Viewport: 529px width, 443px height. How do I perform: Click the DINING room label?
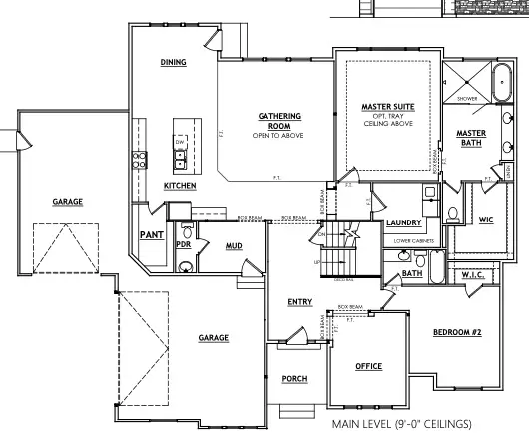(174, 62)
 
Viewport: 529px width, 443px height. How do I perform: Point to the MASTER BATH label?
(470, 139)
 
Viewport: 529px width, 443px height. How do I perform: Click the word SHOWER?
(467, 99)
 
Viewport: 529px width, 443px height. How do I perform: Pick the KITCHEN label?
(180, 186)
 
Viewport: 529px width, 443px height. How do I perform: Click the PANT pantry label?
(151, 235)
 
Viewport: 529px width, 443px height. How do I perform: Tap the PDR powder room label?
(183, 243)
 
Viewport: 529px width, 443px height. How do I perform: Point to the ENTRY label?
(299, 302)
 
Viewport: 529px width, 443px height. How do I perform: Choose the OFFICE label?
(369, 366)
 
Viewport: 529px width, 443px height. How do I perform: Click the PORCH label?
(295, 378)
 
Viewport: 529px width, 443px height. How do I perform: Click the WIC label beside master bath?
(486, 220)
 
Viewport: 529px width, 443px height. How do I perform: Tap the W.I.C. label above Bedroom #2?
(472, 274)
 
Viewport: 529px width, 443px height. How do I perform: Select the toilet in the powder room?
(184, 266)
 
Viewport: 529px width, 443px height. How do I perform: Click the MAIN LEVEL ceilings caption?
(401, 423)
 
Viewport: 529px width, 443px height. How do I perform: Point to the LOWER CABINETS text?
(411, 240)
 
